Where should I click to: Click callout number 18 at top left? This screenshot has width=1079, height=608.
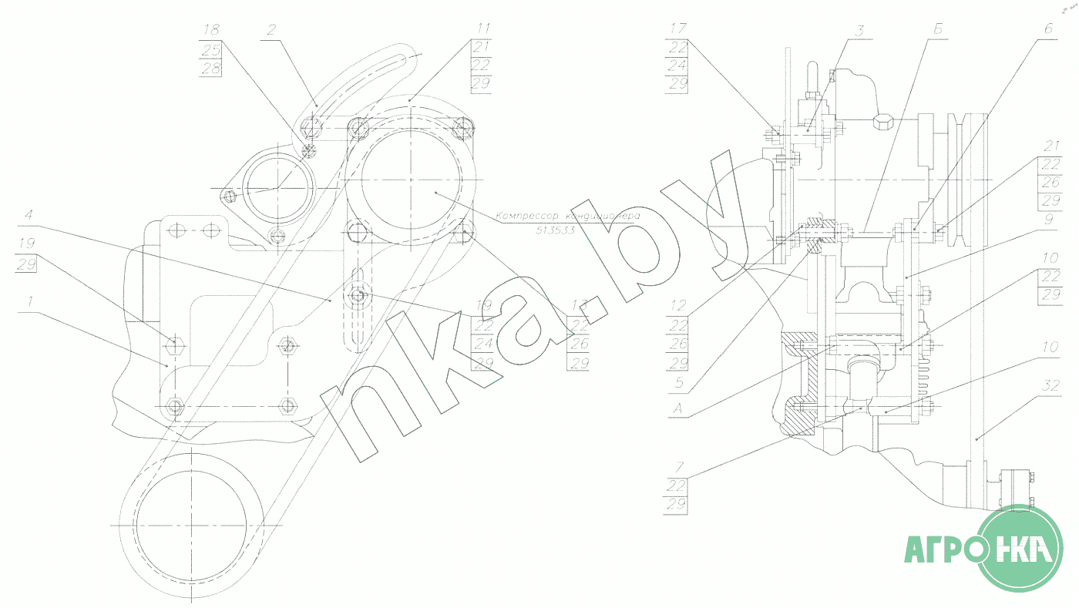211,30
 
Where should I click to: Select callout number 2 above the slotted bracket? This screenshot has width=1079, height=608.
271,30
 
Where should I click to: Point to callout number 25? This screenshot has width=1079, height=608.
211,50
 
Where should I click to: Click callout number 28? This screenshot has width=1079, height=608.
211,69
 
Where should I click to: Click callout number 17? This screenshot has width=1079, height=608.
678,30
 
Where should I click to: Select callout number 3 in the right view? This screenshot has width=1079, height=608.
860,30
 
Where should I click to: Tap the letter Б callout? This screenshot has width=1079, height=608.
938,30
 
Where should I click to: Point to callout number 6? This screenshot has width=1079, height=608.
1048,30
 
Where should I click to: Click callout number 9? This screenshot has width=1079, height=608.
1048,218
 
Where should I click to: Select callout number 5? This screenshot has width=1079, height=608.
678,381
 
